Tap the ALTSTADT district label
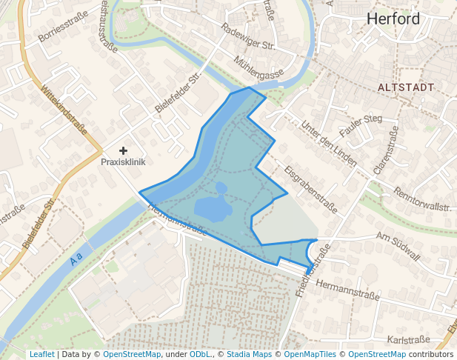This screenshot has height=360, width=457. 405,87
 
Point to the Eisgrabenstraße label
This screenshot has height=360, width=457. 310,189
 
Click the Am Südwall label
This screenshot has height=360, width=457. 398,247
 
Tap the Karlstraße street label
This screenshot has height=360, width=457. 408,339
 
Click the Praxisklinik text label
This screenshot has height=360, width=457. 123,161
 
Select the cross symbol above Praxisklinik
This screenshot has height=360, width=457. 123,150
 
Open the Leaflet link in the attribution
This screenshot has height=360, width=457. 41,355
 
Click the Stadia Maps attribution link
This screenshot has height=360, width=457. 249,355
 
